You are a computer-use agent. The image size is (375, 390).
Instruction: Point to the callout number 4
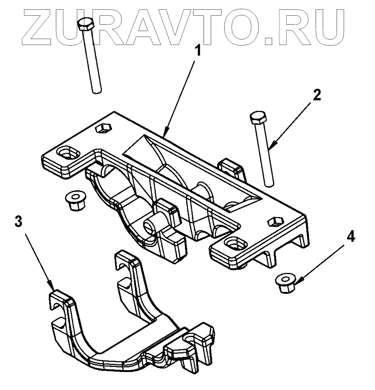[351, 237]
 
